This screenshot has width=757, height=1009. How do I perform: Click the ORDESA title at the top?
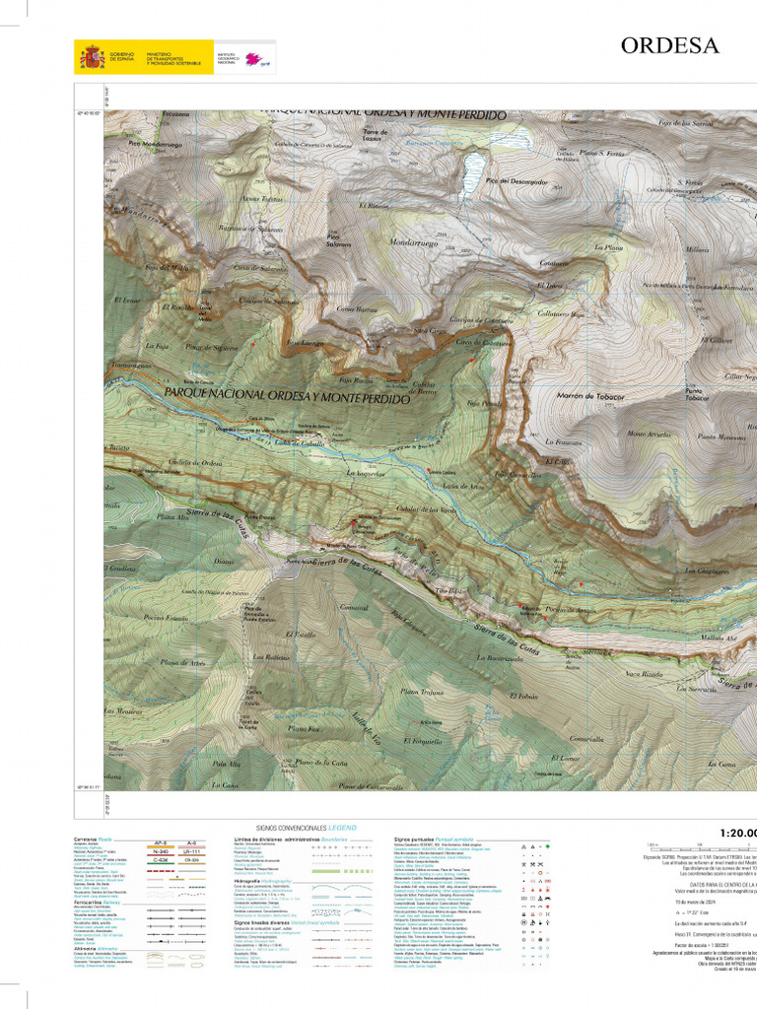pyautogui.click(x=669, y=45)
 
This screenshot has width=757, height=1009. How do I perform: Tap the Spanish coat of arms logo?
pyautogui.click(x=93, y=57)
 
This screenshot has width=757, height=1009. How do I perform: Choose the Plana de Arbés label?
pyautogui.click(x=183, y=662)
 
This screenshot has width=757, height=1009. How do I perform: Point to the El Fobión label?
pyautogui.click(x=522, y=698)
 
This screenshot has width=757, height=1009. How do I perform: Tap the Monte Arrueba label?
pyautogui.click(x=648, y=434)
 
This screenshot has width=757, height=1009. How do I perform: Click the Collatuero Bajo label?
pyautogui.click(x=563, y=314)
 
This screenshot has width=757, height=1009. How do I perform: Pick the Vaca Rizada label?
pyautogui.click(x=643, y=674)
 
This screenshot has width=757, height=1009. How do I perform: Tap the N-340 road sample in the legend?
pyautogui.click(x=164, y=851)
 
